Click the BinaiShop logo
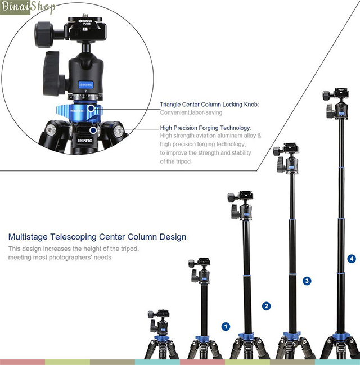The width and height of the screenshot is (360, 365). click(x=29, y=8)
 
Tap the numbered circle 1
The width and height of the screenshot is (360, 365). click(x=226, y=326)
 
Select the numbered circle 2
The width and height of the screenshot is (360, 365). click(x=266, y=306)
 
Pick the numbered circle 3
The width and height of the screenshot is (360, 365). click(x=307, y=280)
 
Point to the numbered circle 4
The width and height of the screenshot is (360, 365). click(x=352, y=259)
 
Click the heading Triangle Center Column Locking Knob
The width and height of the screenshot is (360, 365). click(x=209, y=105)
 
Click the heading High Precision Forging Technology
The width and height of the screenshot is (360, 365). click(x=206, y=128)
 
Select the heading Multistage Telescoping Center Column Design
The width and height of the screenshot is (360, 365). click(x=97, y=237)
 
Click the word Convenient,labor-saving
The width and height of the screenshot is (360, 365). click(x=191, y=113)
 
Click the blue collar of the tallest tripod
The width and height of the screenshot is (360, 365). click(x=339, y=338)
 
